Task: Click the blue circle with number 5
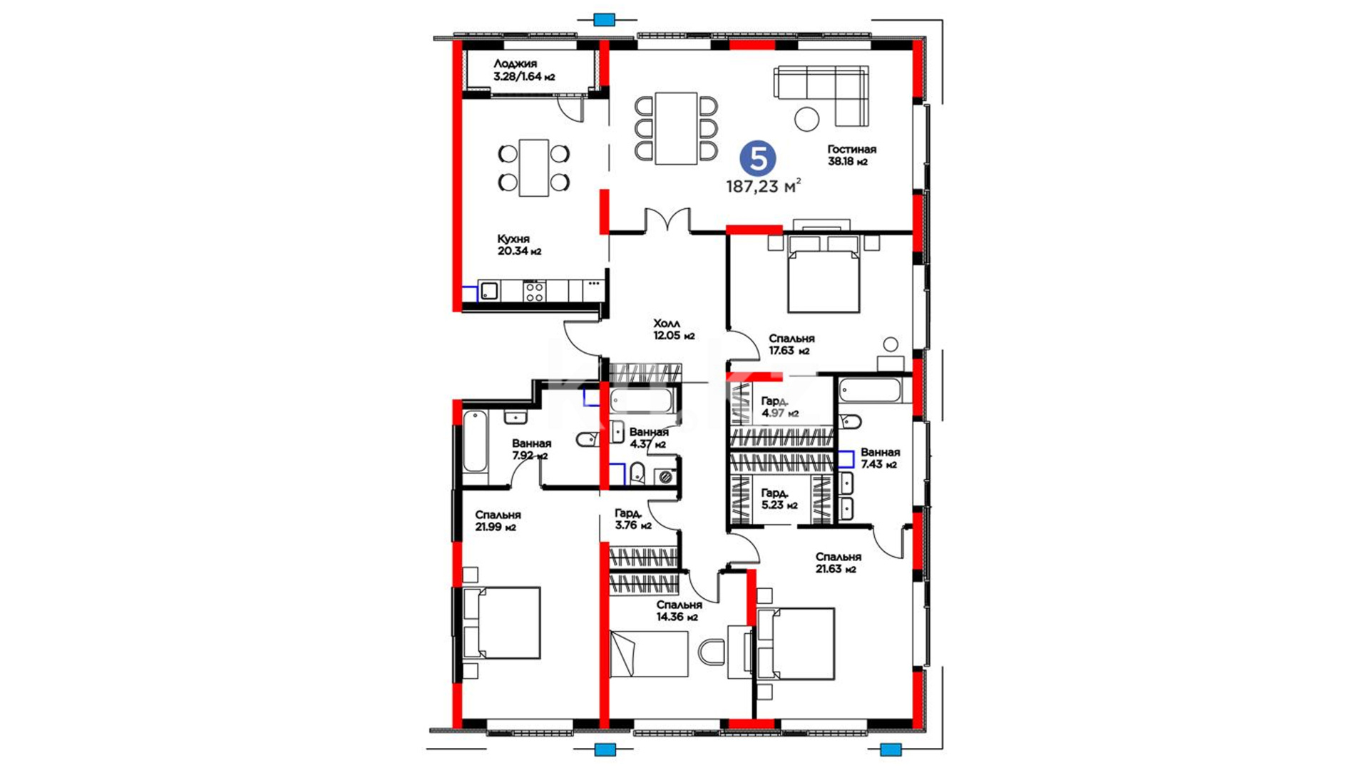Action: point(758,158)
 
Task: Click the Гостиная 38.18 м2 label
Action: point(851,155)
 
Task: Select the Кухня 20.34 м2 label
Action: point(518,245)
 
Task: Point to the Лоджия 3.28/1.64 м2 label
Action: point(524,70)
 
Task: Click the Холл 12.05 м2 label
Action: point(674,329)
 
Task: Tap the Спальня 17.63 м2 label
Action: point(791,344)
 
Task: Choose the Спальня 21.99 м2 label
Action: point(498,521)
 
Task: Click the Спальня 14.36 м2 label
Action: point(679,611)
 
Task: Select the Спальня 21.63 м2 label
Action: point(839,563)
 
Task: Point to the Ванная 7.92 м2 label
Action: point(531,450)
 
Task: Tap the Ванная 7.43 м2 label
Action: point(880,458)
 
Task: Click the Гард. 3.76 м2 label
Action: point(633,520)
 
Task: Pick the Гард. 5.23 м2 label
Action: point(779,499)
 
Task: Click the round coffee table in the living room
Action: point(807,118)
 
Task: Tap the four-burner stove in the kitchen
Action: point(534,292)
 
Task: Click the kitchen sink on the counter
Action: point(489,291)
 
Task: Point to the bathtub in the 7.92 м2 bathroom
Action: point(475,442)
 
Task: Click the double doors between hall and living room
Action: point(667,220)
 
